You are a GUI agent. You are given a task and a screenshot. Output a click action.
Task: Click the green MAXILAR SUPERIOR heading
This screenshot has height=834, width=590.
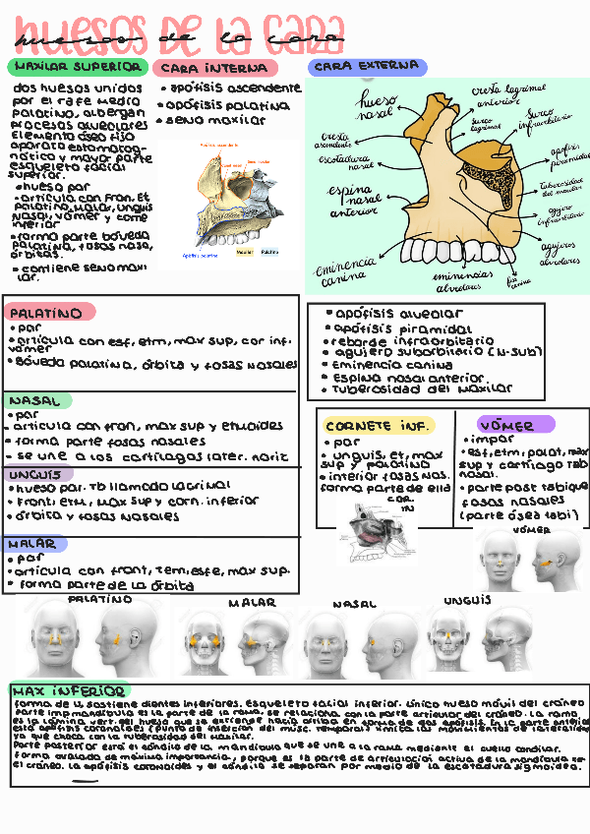coord(76,67)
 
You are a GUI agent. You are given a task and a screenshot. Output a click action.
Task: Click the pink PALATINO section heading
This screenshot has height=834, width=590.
coord(49,313)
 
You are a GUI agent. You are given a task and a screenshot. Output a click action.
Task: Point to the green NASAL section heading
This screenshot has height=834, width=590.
coord(37,401)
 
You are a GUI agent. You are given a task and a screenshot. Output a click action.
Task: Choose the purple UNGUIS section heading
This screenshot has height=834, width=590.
coord(36,474)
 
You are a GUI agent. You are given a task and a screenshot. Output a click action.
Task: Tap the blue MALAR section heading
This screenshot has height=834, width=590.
coord(34,544)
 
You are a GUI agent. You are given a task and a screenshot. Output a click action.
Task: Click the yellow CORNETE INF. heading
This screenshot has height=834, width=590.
coord(379,426)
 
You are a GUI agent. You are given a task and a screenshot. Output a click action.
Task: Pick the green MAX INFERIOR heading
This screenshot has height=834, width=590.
coord(69,690)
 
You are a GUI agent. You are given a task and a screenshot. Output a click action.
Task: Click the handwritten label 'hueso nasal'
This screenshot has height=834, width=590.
coord(377,106)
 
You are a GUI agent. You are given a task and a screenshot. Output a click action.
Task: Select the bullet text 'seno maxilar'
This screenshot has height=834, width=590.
coord(215,120)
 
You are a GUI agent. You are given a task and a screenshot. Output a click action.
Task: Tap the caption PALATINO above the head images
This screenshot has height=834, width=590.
coord(100,599)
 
